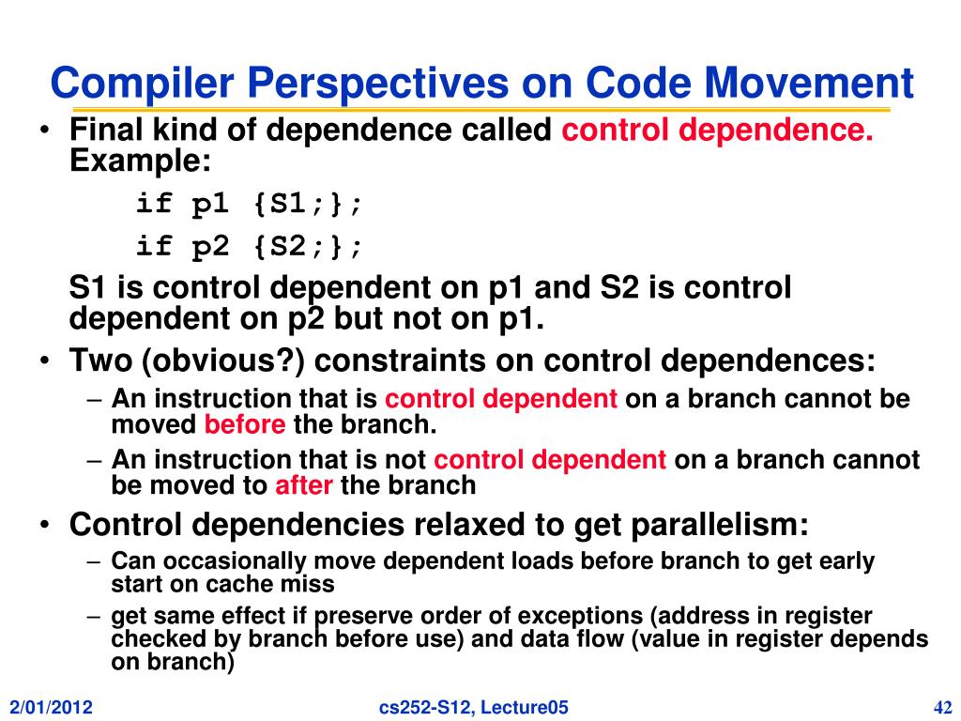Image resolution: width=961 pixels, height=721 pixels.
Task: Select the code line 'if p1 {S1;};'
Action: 249,203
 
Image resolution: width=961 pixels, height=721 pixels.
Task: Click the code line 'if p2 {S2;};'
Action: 249,246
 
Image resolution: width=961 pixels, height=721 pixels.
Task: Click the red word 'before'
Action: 245,424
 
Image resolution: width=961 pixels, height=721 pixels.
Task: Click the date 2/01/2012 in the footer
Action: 53,707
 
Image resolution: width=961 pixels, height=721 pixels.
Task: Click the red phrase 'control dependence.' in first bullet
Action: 718,130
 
